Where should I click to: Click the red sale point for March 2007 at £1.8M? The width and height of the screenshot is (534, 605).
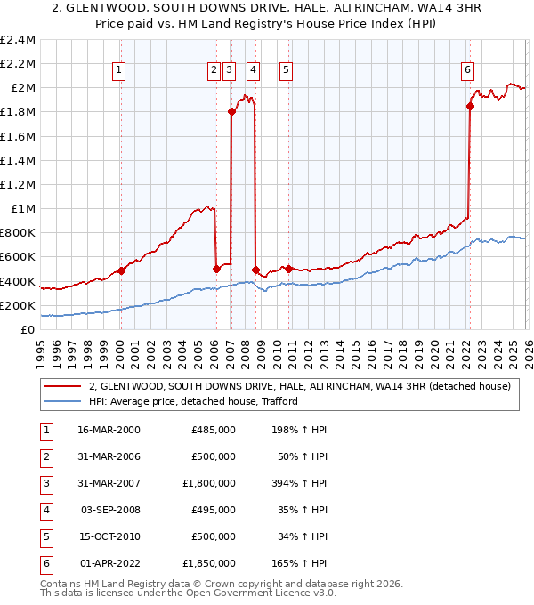231,111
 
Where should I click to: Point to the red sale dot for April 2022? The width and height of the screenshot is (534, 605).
470,106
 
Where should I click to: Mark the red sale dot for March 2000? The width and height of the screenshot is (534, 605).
121,270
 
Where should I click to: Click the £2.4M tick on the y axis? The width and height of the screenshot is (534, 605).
18,40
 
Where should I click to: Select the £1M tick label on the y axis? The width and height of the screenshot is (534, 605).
22,208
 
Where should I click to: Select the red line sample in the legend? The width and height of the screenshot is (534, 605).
62,386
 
